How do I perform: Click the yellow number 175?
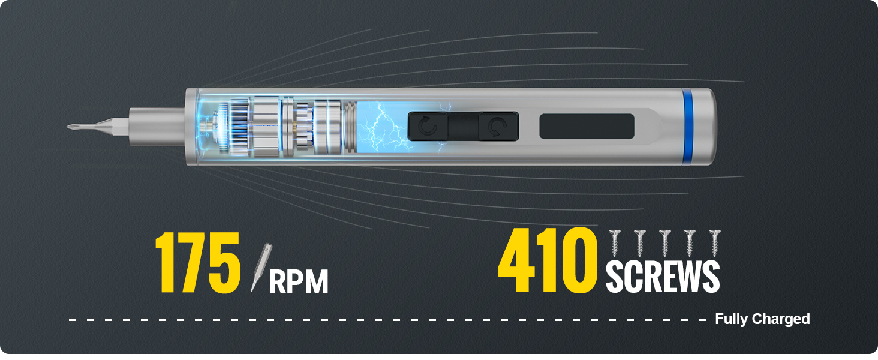[x=197, y=262]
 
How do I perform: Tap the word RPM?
[x=298, y=282]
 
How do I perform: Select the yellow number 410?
[x=547, y=260]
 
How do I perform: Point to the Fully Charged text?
[x=762, y=319]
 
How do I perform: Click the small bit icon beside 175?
[x=261, y=267]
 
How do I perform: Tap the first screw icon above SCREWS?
[x=615, y=243]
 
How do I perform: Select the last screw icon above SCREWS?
[x=714, y=243]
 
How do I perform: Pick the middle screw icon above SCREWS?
[x=664, y=243]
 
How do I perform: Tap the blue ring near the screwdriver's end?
[x=687, y=126]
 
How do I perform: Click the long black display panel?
[x=587, y=126]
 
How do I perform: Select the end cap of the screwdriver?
[x=705, y=126]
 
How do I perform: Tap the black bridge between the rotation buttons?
[x=464, y=126]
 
